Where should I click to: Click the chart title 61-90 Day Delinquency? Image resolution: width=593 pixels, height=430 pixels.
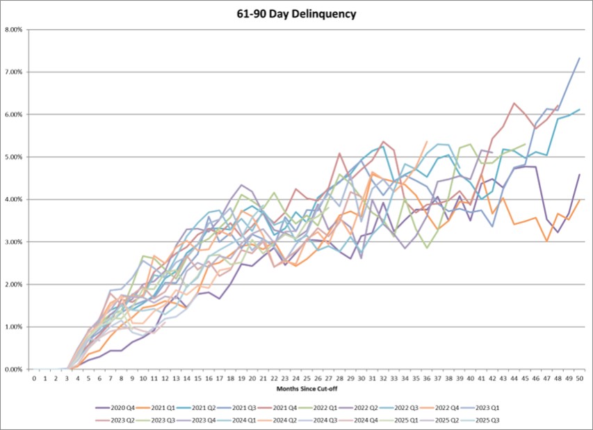[296, 13]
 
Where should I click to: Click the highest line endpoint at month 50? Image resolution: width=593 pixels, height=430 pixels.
[579, 58]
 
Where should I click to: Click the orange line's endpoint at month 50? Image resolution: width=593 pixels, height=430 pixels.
[579, 200]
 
